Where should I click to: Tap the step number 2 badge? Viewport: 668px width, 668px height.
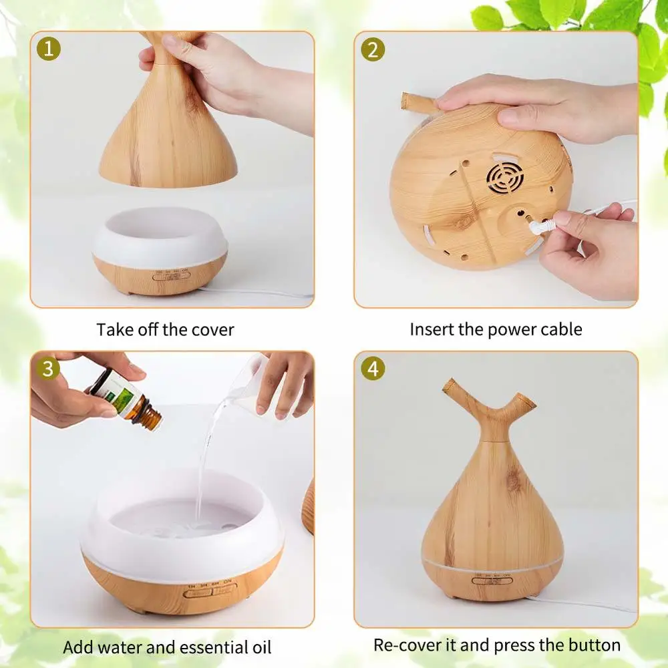[x=373, y=49]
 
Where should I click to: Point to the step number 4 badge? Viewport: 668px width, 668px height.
[x=373, y=368]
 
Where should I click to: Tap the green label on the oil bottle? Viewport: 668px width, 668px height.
[x=120, y=393]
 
